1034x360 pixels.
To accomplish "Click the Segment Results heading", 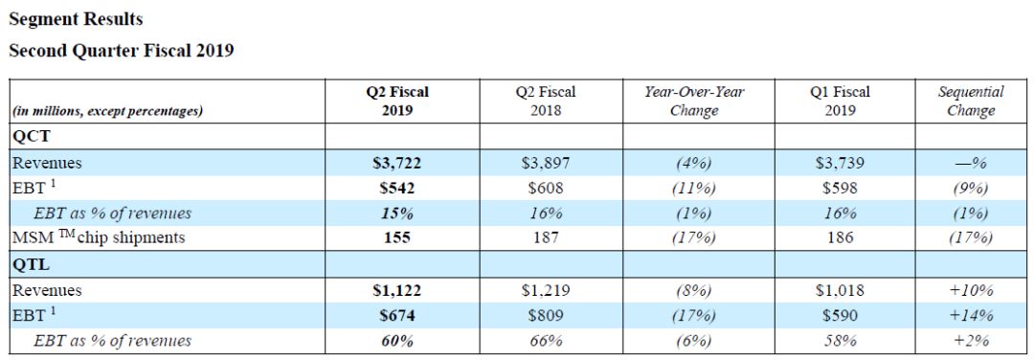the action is (76, 20).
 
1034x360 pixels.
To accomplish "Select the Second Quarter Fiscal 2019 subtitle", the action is (122, 51).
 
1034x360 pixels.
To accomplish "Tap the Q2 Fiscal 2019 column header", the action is (397, 101).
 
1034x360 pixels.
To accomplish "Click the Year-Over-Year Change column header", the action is (694, 101).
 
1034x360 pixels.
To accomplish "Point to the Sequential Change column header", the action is (971, 101).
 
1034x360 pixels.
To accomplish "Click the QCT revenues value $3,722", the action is (396, 163).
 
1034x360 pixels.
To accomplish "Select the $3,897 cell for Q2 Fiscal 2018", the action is (546, 163).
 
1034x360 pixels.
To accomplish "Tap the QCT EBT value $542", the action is (397, 188).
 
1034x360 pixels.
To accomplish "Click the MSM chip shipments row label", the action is (99, 237).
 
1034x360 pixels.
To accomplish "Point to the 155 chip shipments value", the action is (397, 237).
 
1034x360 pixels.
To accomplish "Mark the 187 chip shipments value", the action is (546, 237).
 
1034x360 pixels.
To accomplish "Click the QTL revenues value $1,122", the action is (396, 290).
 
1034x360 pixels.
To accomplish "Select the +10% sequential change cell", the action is (971, 290).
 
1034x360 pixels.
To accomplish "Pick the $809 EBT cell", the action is (546, 316).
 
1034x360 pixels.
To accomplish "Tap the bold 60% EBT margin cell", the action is (397, 341).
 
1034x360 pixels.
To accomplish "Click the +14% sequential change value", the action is (971, 316).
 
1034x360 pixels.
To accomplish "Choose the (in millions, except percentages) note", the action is (107, 111).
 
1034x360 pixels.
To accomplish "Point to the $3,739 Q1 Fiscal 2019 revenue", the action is (840, 163).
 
